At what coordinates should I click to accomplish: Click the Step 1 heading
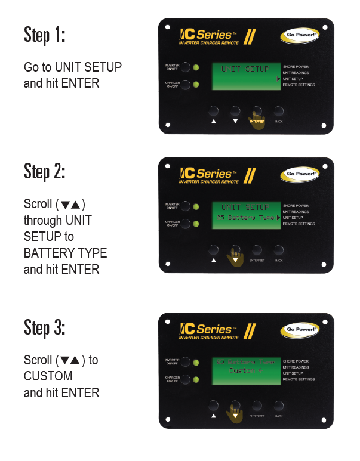(x=44, y=34)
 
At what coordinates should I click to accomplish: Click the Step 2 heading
(x=44, y=171)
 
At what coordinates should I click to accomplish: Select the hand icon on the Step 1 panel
(x=256, y=119)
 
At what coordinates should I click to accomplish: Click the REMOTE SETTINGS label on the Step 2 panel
(x=299, y=224)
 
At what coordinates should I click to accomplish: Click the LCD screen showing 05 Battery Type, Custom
(x=245, y=370)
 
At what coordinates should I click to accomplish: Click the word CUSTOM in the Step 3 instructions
(x=48, y=376)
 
